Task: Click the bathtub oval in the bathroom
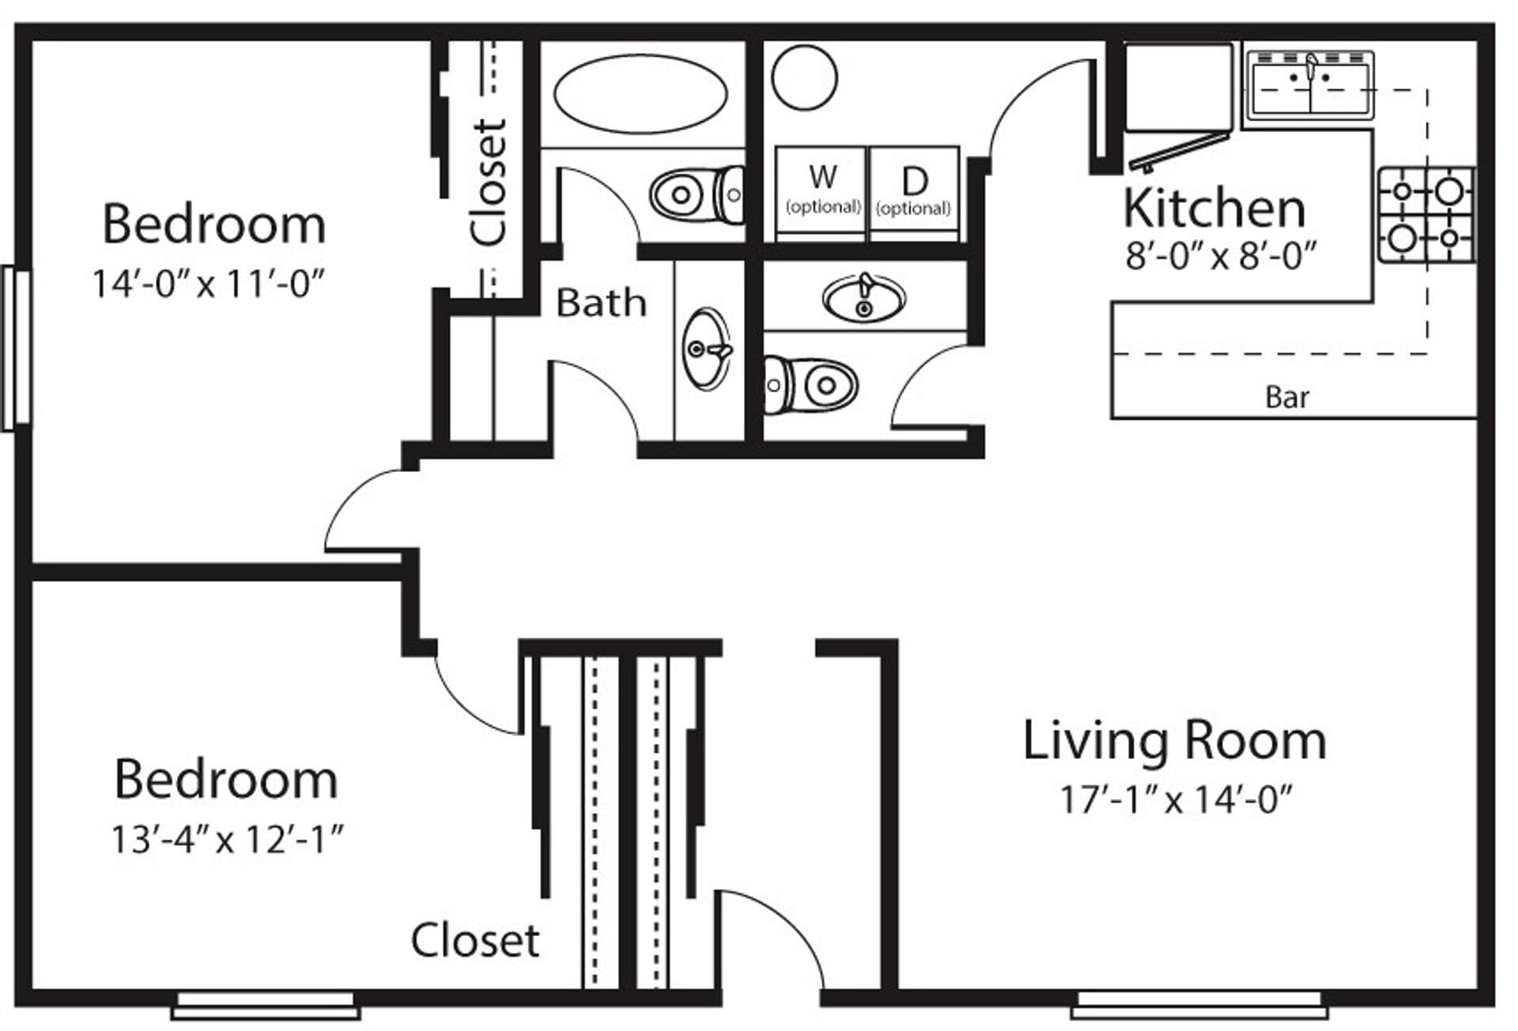[x=640, y=93]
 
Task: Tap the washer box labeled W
[x=821, y=192]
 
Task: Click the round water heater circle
[x=804, y=77]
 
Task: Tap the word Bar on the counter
[x=1286, y=397]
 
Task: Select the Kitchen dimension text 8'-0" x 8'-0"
[x=1221, y=256]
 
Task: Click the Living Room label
[x=1174, y=741]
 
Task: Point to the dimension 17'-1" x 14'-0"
[x=1175, y=799]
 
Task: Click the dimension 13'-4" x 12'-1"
[x=227, y=840]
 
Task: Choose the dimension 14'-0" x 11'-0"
[x=209, y=284]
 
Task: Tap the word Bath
[x=601, y=303]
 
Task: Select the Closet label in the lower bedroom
[x=474, y=940]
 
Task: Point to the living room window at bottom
[x=1199, y=1006]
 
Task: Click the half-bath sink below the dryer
[x=864, y=298]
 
